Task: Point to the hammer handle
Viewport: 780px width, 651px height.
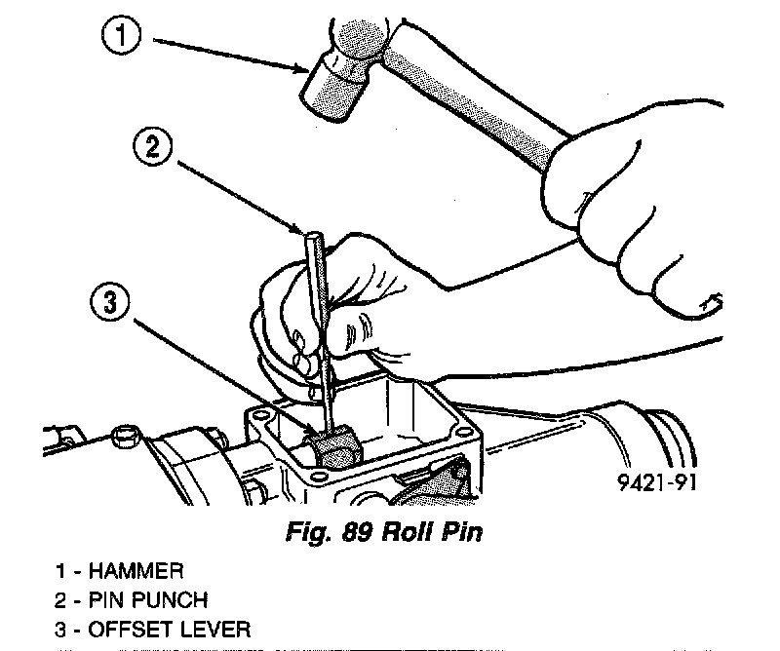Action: (468, 93)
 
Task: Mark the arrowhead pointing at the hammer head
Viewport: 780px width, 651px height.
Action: (305, 69)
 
